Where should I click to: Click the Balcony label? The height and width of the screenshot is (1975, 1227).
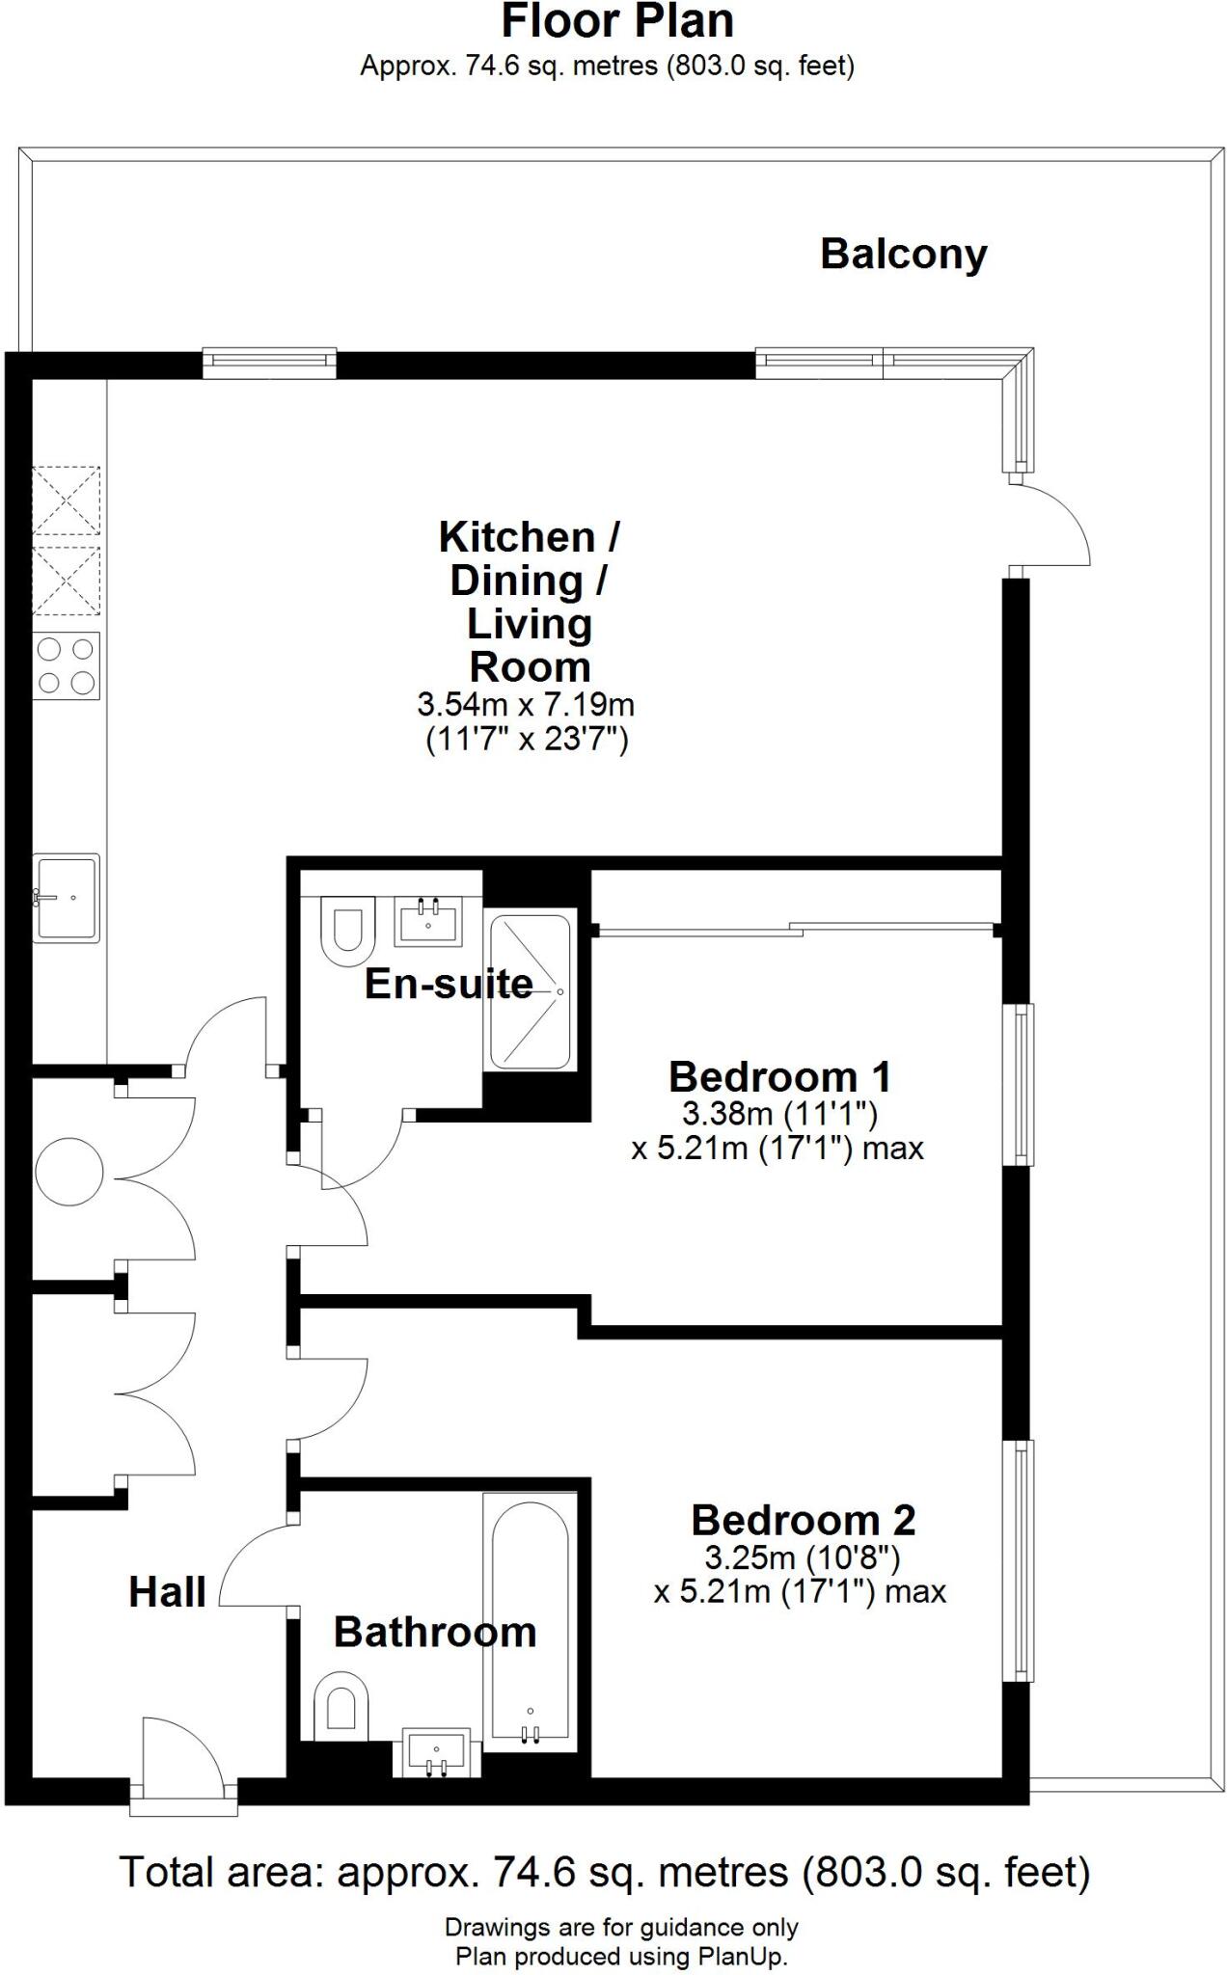click(x=904, y=255)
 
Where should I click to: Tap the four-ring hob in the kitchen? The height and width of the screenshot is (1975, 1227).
click(x=67, y=665)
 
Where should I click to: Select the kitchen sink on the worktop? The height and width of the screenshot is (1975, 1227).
click(x=67, y=898)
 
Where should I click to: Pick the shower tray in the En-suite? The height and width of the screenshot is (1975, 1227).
click(x=530, y=990)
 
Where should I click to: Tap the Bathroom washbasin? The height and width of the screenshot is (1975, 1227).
click(x=436, y=1752)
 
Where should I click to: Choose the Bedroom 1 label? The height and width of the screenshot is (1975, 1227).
click(x=779, y=1076)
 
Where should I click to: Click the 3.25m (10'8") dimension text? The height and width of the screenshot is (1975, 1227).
click(x=802, y=1557)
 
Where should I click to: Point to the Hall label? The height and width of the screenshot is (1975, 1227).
click(x=168, y=1592)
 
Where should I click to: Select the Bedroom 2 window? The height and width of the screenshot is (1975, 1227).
click(x=1019, y=1560)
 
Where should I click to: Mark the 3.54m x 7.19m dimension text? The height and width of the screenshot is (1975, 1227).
click(x=526, y=704)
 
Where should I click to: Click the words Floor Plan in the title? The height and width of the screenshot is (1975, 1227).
click(x=617, y=21)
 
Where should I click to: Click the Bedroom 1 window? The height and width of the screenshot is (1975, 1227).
click(x=1019, y=1085)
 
